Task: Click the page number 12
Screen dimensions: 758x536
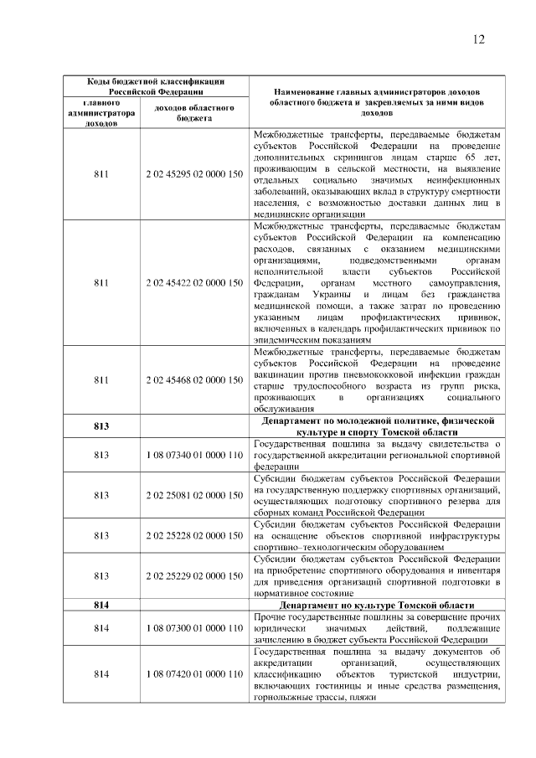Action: [x=479, y=39]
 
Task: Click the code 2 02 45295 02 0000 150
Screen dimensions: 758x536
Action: [x=193, y=173]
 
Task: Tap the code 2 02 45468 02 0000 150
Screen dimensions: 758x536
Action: [x=193, y=379]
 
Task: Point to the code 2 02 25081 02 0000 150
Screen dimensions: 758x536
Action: [x=193, y=495]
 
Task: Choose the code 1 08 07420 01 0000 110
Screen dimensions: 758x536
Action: [x=193, y=673]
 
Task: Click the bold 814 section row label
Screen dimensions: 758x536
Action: [x=101, y=605]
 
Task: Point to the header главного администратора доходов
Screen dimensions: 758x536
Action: [x=101, y=113]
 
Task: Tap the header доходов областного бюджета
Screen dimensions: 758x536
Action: [x=193, y=113]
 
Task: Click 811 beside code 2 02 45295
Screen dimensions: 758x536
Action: [x=101, y=173]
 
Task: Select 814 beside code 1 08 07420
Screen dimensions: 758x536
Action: [x=101, y=673]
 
